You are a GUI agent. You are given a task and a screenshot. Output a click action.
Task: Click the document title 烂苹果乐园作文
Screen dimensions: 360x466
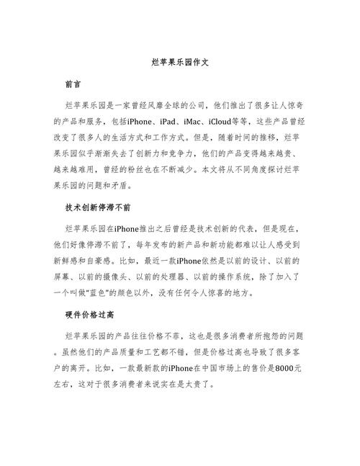pos(179,63)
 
